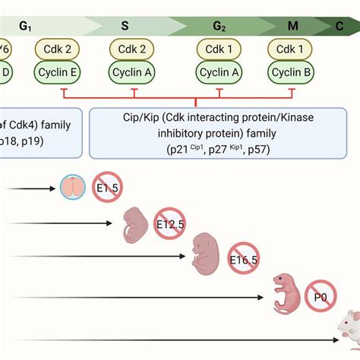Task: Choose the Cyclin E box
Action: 55,73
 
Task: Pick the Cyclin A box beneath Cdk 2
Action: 134,73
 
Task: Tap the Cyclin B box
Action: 292,73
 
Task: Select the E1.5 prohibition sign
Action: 106,187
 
